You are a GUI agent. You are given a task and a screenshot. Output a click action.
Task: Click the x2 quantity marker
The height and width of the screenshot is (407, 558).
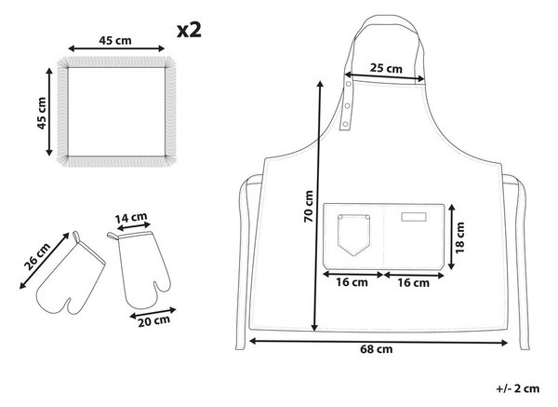[189, 31]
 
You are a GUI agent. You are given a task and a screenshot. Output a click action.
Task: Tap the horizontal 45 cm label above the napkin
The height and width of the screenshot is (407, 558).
[115, 40]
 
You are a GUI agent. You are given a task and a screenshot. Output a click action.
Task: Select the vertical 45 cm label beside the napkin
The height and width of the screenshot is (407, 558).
[42, 113]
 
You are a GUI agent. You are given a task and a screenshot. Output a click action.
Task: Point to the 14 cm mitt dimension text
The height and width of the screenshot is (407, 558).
[131, 217]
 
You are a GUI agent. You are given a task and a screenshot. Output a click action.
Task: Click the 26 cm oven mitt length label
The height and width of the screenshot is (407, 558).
[37, 257]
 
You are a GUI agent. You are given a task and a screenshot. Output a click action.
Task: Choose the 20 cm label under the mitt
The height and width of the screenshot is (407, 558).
[153, 320]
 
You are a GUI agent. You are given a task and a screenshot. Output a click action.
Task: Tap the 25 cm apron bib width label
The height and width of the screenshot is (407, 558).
[386, 68]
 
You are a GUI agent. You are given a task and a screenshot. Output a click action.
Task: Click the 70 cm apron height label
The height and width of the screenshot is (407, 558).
[308, 207]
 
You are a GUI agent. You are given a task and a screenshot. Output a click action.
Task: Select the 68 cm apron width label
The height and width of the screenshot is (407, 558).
[377, 349]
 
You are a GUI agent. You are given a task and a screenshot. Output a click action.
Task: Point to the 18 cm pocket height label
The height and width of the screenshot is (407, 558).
[459, 237]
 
